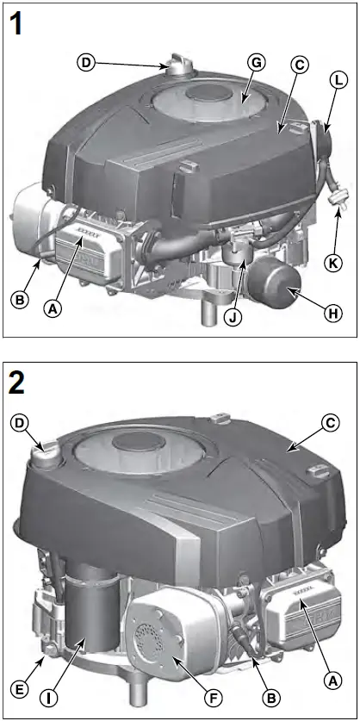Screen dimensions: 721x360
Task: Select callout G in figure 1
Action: click(x=254, y=62)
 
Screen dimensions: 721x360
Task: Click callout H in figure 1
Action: click(x=329, y=315)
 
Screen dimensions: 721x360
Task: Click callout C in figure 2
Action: click(x=326, y=421)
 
